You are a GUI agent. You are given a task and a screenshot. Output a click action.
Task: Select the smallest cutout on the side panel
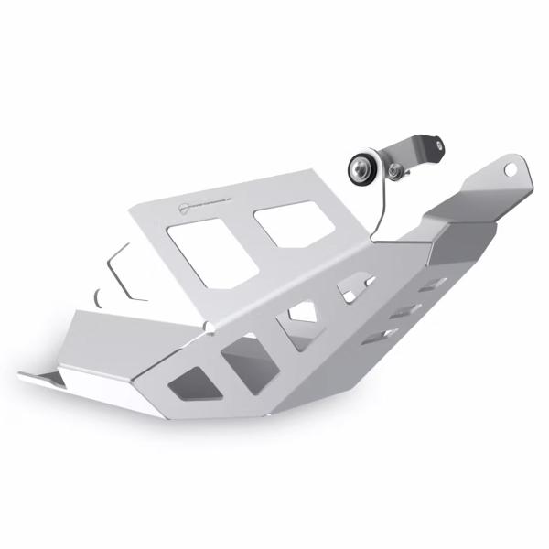tap(350, 292)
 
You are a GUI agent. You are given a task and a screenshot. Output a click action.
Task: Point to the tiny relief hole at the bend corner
tap(212, 325)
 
